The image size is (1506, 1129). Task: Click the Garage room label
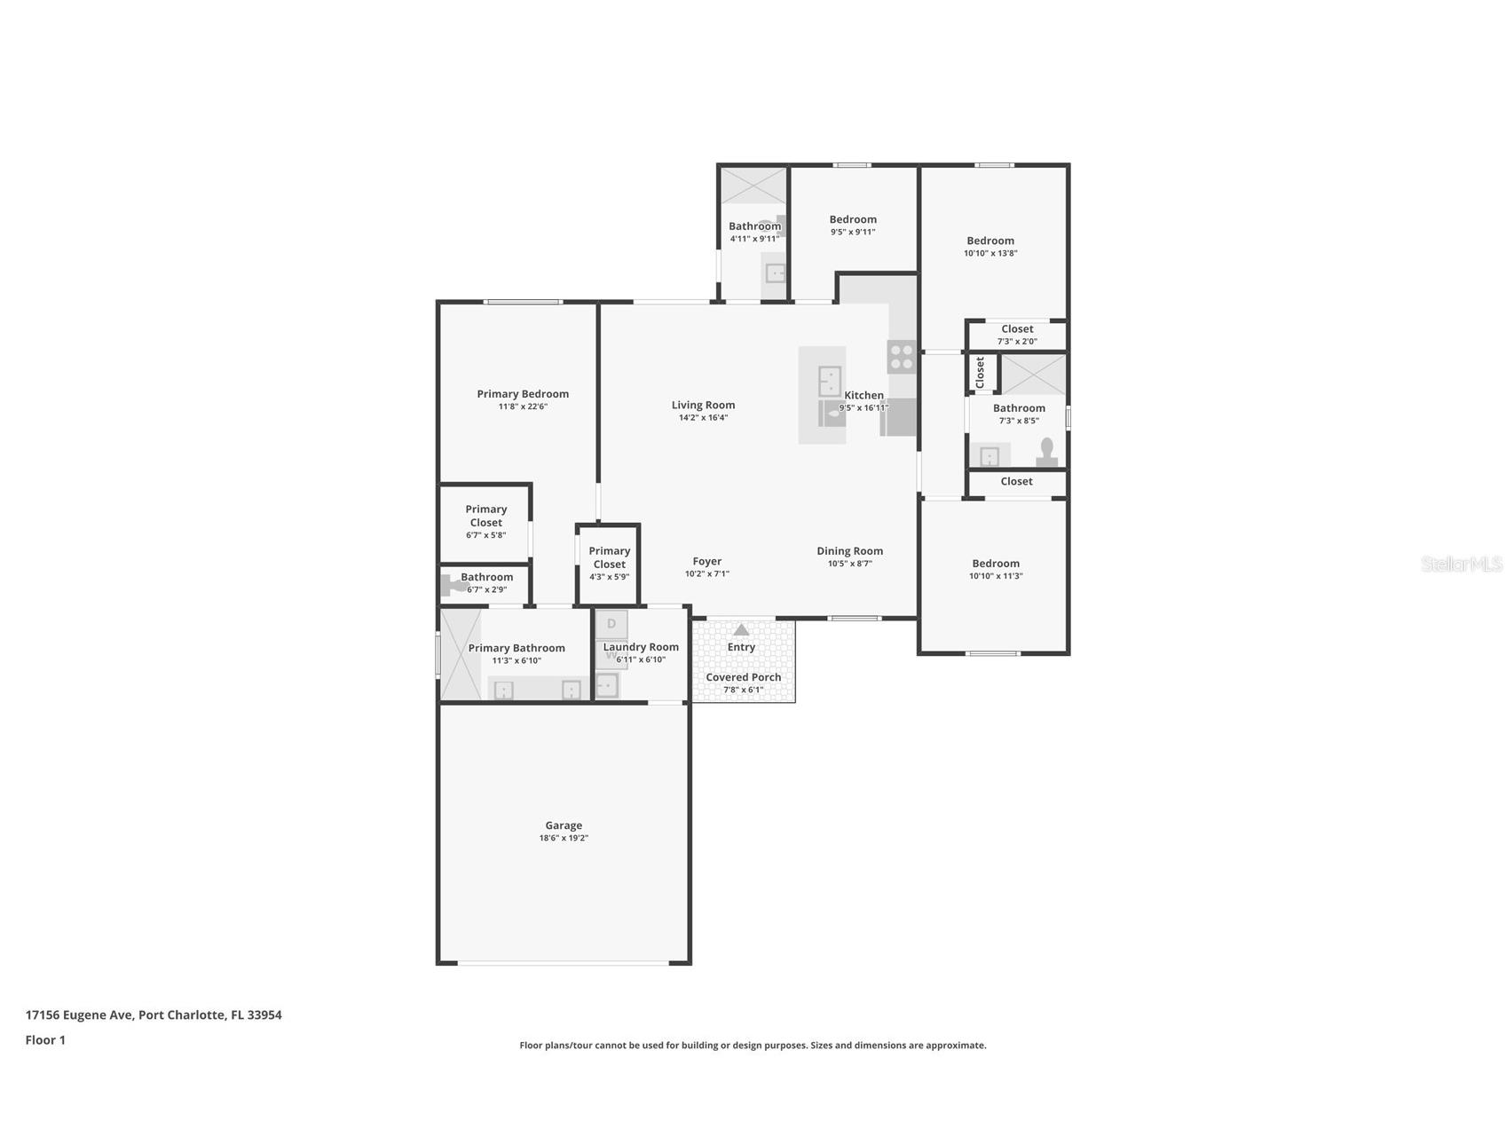pos(564,825)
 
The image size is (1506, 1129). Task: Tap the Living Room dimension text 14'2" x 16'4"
pos(703,418)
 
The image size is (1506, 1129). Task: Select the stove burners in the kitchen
pos(902,357)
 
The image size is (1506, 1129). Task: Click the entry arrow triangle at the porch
pos(741,630)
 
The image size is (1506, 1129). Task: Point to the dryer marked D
pos(611,624)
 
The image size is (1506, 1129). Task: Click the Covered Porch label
pos(744,677)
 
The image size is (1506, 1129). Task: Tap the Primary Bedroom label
pos(523,394)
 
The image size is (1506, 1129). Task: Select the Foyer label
pos(707,561)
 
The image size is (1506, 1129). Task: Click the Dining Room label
pos(850,551)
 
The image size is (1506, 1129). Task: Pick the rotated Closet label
pos(981,373)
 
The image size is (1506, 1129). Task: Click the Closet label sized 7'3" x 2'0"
pos(1017,329)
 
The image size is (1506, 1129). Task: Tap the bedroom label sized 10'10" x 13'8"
pos(990,241)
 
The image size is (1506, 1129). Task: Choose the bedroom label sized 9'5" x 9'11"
pos(853,219)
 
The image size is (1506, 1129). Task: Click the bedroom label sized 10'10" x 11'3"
pos(996,564)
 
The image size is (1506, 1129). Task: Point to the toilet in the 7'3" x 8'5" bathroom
pos(1047,452)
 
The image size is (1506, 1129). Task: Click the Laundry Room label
pos(641,647)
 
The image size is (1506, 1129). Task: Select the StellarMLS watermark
pos(1462,564)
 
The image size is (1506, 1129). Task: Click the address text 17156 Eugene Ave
pos(79,1015)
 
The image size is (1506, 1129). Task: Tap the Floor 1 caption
pos(45,1040)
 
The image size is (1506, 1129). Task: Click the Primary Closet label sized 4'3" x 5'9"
pos(610,557)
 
